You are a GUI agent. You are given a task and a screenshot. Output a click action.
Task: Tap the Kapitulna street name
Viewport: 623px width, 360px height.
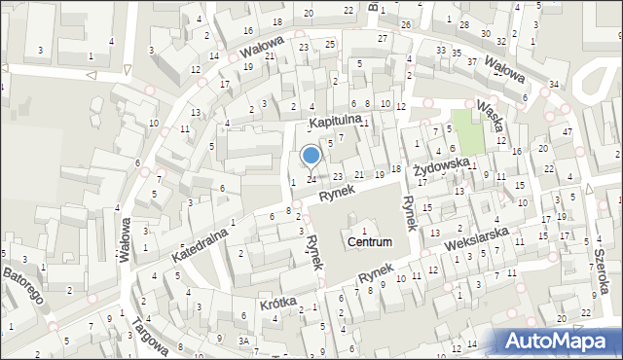click(x=336, y=121)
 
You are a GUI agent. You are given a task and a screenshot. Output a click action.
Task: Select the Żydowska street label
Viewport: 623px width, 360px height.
click(x=442, y=168)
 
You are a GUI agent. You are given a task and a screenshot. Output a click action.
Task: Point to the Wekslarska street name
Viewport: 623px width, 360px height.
click(x=478, y=238)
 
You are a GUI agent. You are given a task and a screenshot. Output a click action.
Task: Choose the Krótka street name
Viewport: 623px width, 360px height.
click(x=278, y=303)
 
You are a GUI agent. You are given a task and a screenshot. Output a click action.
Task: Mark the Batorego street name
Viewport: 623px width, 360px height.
click(x=21, y=283)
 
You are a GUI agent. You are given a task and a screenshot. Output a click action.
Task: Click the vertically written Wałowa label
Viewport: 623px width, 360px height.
click(x=125, y=240)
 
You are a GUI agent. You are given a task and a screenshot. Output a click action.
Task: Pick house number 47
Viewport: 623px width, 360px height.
click(x=567, y=131)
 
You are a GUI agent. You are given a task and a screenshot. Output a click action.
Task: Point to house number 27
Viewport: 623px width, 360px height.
click(x=383, y=38)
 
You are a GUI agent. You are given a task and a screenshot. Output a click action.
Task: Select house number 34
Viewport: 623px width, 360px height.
click(x=553, y=85)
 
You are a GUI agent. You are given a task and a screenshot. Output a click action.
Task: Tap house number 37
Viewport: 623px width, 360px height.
click(x=472, y=61)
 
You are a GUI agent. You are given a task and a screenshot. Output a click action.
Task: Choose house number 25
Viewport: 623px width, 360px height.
click(x=330, y=45)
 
